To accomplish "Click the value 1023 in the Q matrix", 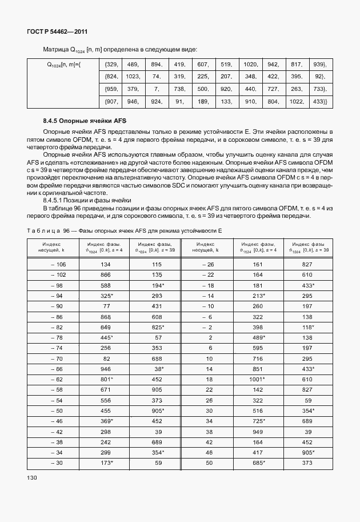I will coord(133,76).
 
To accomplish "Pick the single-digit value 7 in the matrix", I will coord(156,89).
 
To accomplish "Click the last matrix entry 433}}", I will coord(321,101).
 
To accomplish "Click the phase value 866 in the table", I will coord(106,275).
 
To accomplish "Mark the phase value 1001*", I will coord(257,379).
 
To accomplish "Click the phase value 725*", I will coord(257,421).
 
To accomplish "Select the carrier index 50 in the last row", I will coord(210,463).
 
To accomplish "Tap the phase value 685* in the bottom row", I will coord(257,463).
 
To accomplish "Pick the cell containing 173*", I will coord(106,463).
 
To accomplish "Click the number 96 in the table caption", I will coord(66,229).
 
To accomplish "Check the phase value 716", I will coord(257,358).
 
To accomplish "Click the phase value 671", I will coord(106,389).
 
